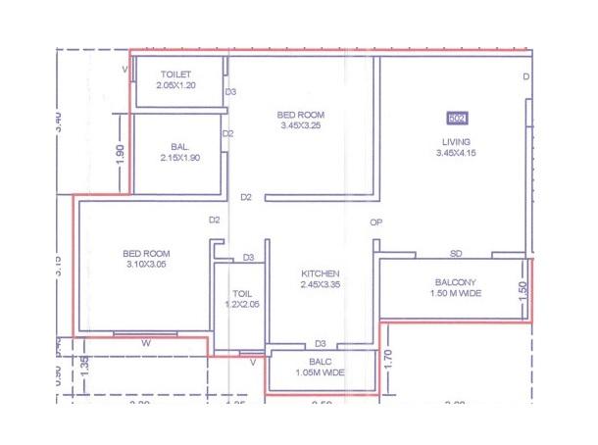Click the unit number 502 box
pyautogui.click(x=456, y=119)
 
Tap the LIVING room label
pyautogui.click(x=456, y=141)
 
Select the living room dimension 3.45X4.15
pyautogui.click(x=456, y=153)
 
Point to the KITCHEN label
pyautogui.click(x=321, y=272)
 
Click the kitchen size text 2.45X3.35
pyautogui.click(x=321, y=285)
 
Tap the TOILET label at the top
pyautogui.click(x=175, y=74)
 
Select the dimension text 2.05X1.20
pyautogui.click(x=175, y=86)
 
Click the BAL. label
pyautogui.click(x=178, y=146)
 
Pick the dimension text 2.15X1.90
pyautogui.click(x=178, y=158)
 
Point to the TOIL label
pyautogui.click(x=242, y=293)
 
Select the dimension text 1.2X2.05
pyautogui.click(x=241, y=305)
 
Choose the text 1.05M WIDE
pyautogui.click(x=321, y=372)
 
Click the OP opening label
pyautogui.click(x=375, y=222)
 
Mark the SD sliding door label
pyautogui.click(x=456, y=254)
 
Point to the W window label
pyautogui.click(x=145, y=343)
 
